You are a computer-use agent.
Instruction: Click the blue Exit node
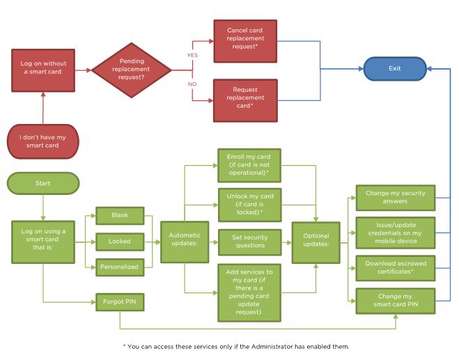(x=395, y=69)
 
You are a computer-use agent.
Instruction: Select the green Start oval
(x=43, y=183)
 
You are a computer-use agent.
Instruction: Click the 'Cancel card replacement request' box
(x=245, y=40)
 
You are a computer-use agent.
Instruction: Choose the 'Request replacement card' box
(x=245, y=99)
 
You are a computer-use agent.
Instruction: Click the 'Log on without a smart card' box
(x=43, y=70)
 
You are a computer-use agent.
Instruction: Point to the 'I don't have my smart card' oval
(x=43, y=141)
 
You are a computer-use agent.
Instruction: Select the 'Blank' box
(x=119, y=216)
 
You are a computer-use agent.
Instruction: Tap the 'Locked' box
(x=119, y=242)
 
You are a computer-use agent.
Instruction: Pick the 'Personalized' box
(x=119, y=267)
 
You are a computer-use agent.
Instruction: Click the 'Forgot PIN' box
(x=119, y=303)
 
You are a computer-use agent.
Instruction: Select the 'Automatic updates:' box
(x=185, y=242)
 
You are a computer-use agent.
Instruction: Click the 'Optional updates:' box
(x=316, y=242)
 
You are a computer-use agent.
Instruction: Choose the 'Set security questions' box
(x=249, y=241)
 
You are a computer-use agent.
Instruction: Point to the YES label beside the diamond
(x=192, y=55)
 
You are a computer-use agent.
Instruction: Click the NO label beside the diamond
(x=192, y=84)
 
